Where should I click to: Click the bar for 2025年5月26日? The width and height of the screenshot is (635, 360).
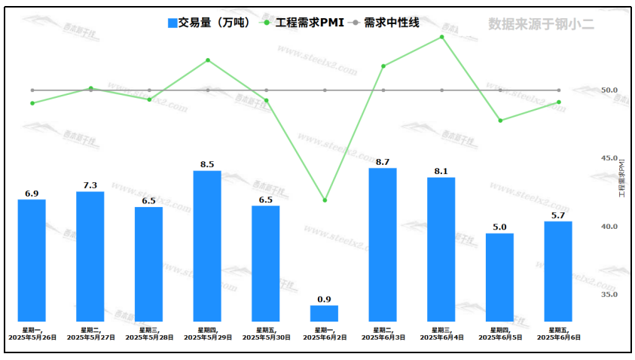[x=32, y=261]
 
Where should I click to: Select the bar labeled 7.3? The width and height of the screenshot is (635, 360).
[x=90, y=257]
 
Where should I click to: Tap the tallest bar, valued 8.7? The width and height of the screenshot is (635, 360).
[x=383, y=245]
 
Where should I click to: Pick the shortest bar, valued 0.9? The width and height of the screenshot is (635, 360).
[x=324, y=313]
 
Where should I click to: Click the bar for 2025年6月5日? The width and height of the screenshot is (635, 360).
[x=499, y=277]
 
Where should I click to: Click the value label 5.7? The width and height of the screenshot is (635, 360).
[x=558, y=215]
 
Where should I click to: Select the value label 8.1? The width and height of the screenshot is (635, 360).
[x=441, y=171]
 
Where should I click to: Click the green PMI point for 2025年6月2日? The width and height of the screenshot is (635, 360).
[x=325, y=200]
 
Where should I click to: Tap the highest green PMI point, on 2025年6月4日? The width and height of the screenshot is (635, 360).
[x=441, y=37]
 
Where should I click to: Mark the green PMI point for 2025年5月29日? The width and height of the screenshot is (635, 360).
[x=208, y=60]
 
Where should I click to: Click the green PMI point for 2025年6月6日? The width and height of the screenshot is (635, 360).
[x=558, y=102]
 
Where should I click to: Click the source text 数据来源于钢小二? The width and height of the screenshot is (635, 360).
[x=540, y=24]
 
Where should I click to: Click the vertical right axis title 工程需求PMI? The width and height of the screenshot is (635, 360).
[x=622, y=178]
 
